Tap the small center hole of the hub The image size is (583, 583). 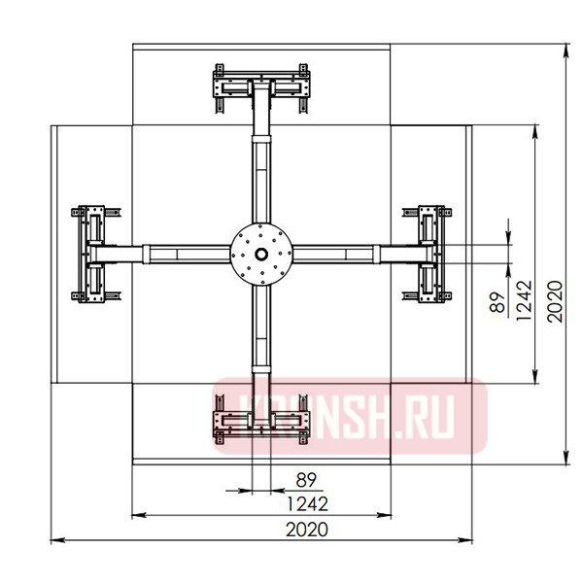[261, 255]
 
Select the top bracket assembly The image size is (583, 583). [261, 89]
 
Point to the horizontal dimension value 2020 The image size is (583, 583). [308, 530]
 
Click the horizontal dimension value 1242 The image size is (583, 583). [308, 504]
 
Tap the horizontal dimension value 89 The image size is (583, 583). [308, 480]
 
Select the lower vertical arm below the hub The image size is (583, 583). [261, 335]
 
